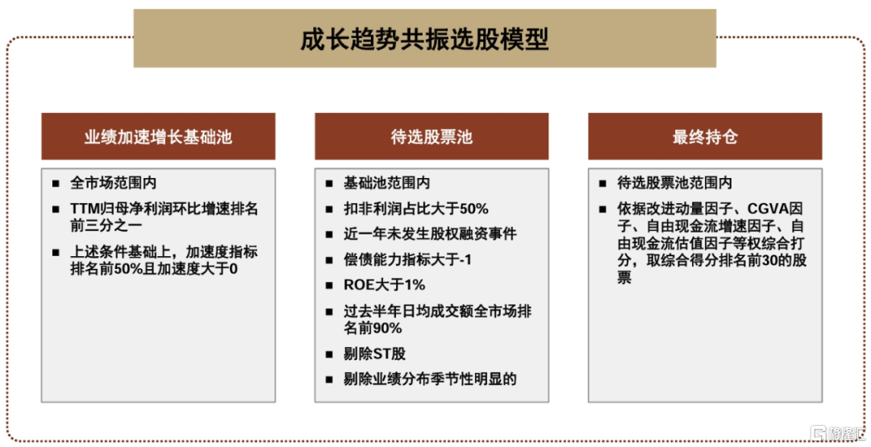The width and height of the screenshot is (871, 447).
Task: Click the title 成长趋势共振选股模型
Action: point(424,39)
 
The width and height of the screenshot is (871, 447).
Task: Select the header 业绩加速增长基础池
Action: point(158,137)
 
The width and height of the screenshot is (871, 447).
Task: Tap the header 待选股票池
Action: point(431,137)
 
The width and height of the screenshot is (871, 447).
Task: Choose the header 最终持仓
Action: point(705,137)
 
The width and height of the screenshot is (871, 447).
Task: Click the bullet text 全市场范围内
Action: point(114,183)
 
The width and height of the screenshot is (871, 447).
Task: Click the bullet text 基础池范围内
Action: point(386,183)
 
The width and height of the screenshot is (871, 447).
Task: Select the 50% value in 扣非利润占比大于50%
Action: point(474,209)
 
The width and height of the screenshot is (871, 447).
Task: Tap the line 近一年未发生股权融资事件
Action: point(430,234)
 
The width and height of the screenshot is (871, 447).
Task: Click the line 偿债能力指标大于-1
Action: point(407,259)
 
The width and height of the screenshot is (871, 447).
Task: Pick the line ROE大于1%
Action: point(385,285)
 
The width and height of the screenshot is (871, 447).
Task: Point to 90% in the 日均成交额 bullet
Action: point(387,329)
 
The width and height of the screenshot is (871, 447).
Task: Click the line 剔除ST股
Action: point(374,354)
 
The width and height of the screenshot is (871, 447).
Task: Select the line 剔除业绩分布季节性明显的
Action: point(430,379)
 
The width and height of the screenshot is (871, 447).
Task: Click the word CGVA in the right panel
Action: point(769,209)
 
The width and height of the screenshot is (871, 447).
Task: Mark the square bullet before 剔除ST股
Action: point(329,354)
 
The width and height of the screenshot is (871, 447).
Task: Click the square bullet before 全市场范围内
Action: point(56,183)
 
